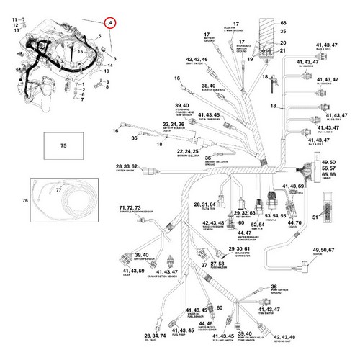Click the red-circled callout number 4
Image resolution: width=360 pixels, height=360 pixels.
coord(109,23)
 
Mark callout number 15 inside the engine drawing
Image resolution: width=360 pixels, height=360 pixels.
coord(81,51)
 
